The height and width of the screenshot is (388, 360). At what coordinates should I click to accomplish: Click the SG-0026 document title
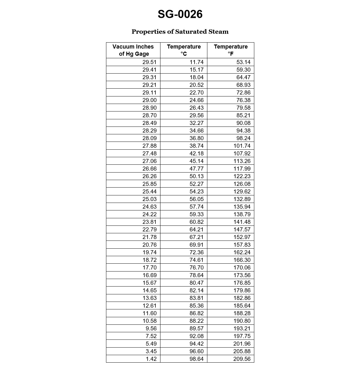click(180, 14)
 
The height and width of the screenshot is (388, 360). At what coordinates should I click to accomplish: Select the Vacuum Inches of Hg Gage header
click(133, 50)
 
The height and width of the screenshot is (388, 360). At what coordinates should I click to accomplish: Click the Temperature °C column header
click(184, 50)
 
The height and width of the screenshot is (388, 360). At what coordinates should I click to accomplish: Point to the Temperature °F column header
click(231, 50)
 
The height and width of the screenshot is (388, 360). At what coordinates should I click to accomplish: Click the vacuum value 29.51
click(150, 62)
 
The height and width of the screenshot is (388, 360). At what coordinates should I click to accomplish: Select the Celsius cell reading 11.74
click(196, 62)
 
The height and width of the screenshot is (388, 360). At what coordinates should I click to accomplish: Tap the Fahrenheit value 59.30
click(243, 70)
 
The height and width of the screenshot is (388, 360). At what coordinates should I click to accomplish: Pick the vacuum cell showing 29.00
click(150, 100)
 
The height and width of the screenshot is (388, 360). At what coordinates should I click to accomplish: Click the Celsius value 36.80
click(196, 138)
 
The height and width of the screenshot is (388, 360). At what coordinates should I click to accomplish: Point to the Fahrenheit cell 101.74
click(242, 146)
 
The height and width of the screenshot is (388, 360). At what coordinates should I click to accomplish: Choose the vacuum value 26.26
click(150, 176)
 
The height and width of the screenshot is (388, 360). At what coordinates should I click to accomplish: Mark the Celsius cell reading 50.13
click(196, 176)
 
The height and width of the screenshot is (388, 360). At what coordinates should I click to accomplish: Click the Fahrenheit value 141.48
click(242, 222)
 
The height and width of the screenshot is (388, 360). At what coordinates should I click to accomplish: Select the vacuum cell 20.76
click(150, 245)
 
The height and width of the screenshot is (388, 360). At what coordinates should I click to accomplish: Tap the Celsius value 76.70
click(196, 267)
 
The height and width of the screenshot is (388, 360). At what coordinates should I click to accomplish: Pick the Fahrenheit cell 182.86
click(242, 298)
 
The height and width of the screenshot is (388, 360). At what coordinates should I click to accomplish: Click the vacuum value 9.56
click(151, 328)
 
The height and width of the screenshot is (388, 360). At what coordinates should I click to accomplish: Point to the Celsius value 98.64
click(196, 359)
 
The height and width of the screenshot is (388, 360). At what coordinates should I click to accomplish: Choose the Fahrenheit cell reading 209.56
click(242, 359)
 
